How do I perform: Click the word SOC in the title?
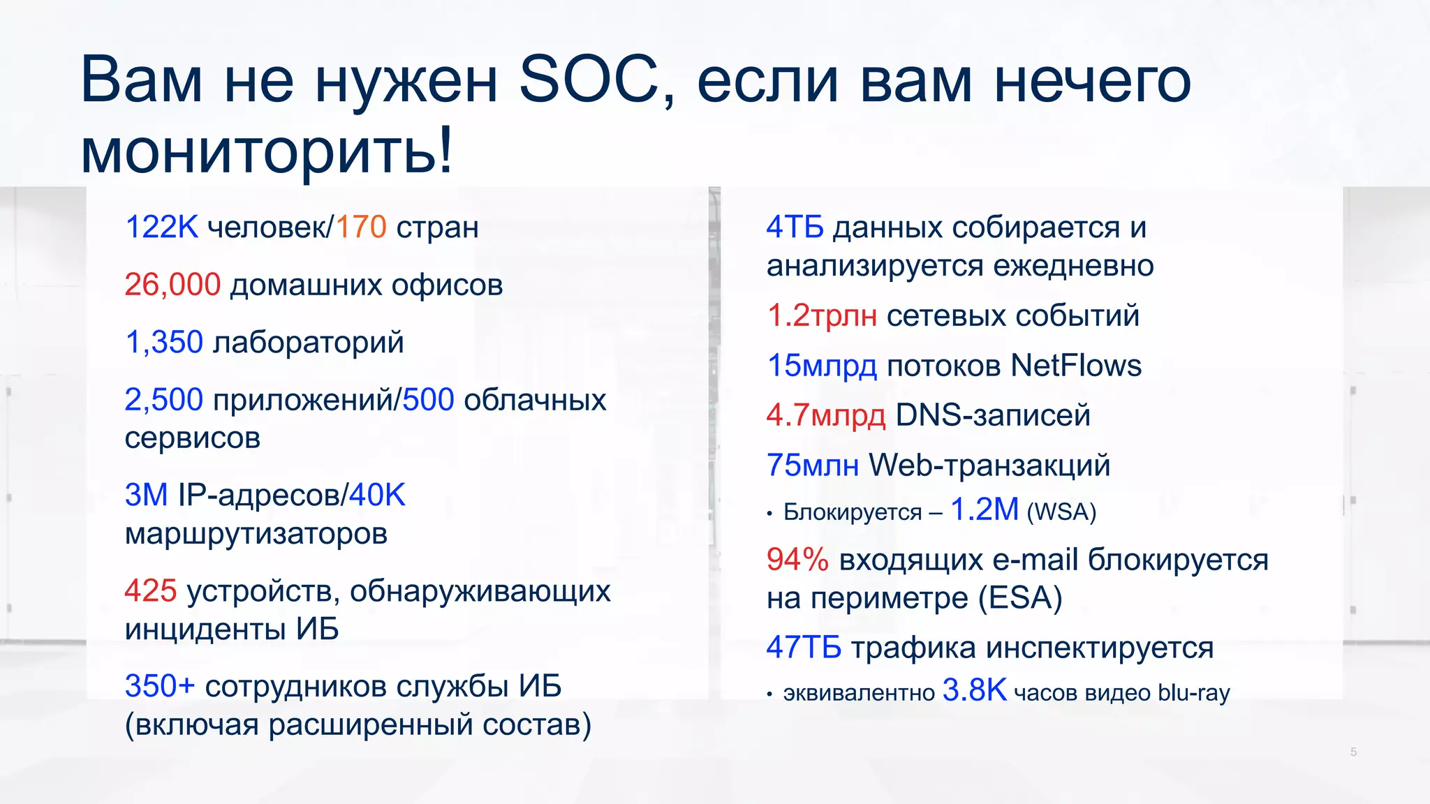click(588, 80)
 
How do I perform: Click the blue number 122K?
click(161, 228)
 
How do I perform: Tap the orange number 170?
click(361, 228)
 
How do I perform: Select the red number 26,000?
click(172, 285)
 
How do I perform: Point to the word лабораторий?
click(308, 343)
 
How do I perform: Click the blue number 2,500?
click(163, 400)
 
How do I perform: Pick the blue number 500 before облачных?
click(428, 400)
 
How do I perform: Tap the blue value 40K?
click(377, 496)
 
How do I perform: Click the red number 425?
click(151, 591)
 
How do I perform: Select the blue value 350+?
click(159, 686)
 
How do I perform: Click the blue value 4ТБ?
click(795, 228)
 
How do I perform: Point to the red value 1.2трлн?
click(822, 315)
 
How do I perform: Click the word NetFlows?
click(1075, 366)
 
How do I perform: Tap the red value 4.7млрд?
click(826, 415)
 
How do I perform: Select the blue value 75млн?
click(812, 466)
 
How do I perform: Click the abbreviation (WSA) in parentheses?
click(1061, 512)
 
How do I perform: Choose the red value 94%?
click(797, 560)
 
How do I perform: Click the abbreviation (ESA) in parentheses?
click(1019, 598)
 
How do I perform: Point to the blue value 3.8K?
click(974, 691)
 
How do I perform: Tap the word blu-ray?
click(1193, 693)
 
